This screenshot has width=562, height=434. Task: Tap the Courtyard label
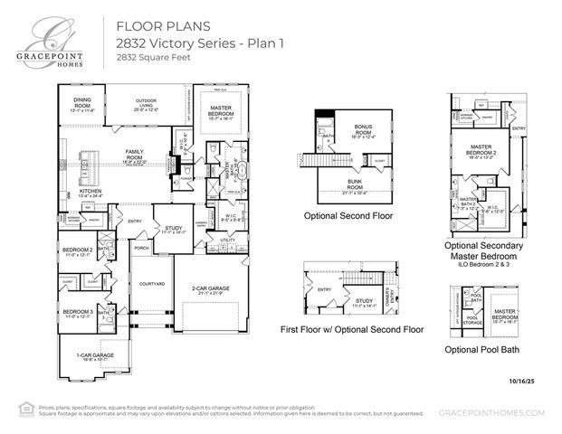pos(151,284)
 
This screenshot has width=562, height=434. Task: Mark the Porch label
pos(141,248)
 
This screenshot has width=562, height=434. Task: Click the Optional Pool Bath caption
pos(481,349)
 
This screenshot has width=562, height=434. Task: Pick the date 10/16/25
pos(523,382)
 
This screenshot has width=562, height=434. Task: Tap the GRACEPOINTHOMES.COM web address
pos(491,411)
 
